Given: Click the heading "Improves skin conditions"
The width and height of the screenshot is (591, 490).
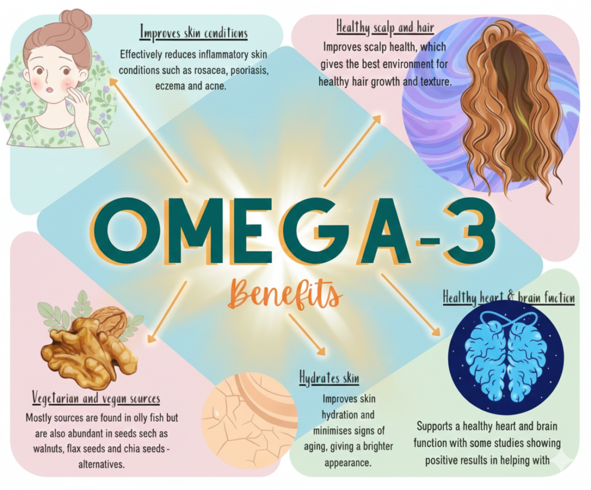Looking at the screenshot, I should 194,32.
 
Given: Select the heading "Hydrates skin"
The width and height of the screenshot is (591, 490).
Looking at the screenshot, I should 329,379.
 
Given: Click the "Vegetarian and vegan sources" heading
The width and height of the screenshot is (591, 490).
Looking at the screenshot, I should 96,399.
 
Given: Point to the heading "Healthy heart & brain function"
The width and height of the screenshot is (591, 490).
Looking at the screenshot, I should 508,298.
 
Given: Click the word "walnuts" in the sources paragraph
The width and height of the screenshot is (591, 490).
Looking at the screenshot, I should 42,448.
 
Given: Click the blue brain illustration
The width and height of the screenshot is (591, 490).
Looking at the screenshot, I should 506,355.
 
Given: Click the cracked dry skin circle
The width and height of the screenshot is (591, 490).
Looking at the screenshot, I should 248,422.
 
